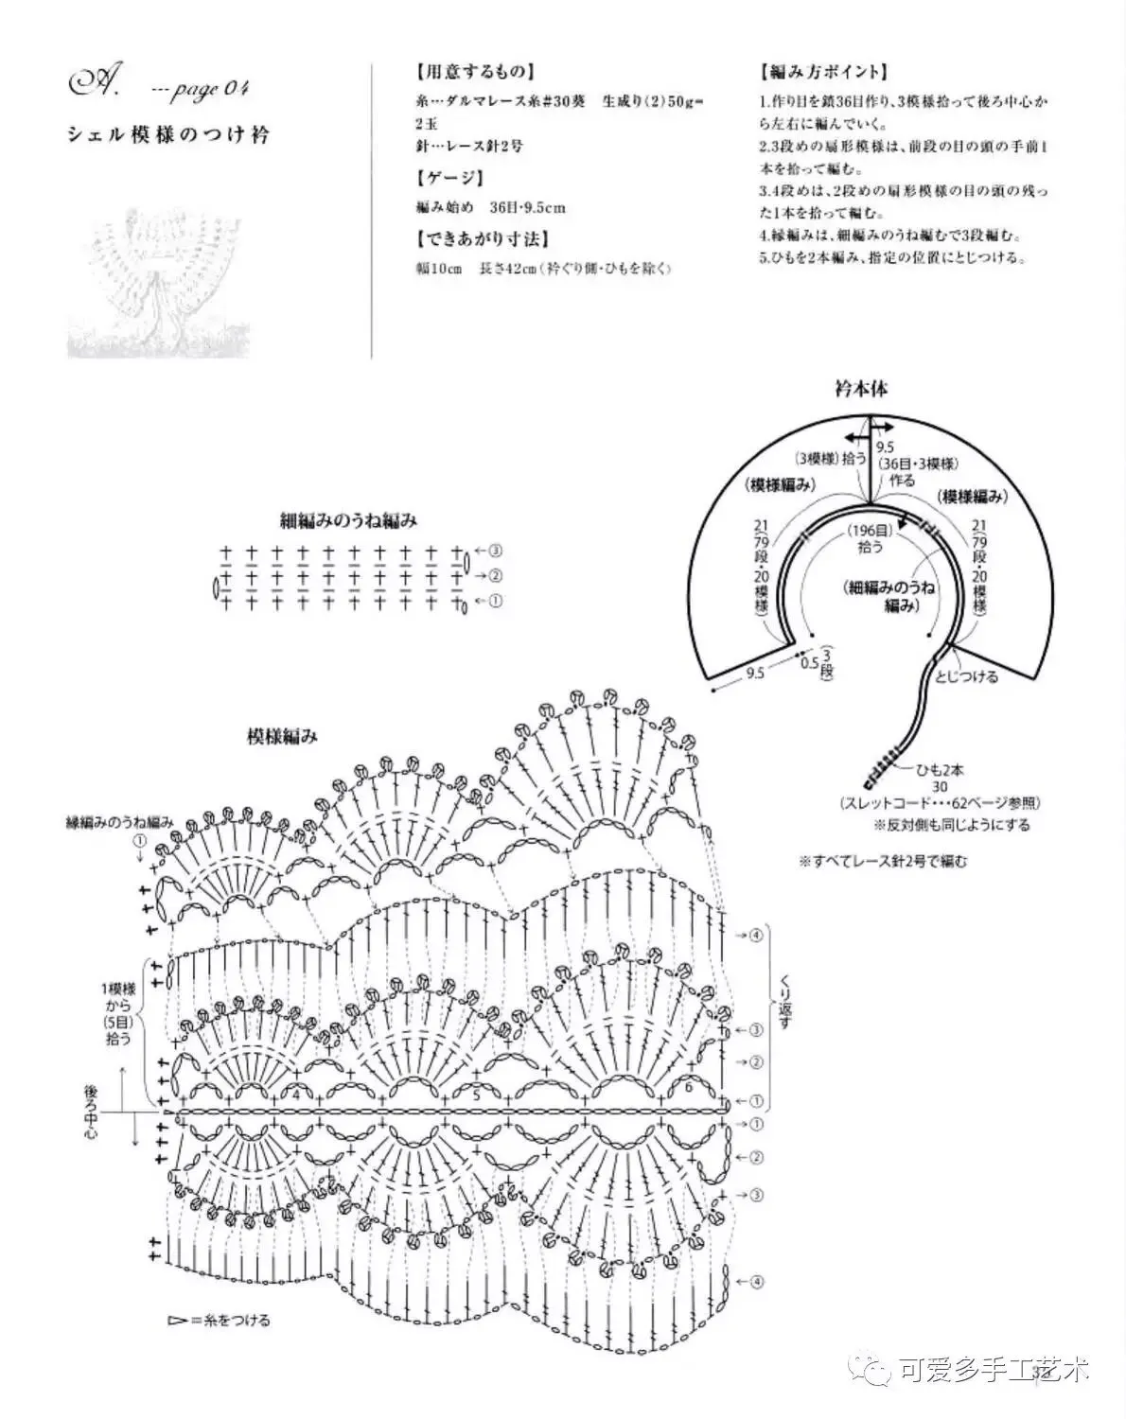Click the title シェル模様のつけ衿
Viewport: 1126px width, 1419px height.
click(167, 134)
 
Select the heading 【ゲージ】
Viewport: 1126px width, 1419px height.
click(449, 177)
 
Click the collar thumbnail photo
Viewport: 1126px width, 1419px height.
click(161, 289)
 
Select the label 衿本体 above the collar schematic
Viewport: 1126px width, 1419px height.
click(860, 389)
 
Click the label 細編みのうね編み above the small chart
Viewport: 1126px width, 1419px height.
click(348, 520)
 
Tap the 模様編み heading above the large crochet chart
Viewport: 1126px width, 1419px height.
click(282, 736)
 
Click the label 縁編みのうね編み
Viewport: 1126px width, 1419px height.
click(118, 820)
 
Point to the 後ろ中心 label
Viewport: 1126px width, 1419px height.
click(90, 1112)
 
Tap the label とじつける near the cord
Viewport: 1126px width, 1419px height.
click(966, 676)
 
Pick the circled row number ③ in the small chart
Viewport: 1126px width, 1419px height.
click(496, 551)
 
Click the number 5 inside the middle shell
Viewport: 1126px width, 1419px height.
click(476, 1095)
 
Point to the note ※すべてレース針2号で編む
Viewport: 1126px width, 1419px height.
click(883, 861)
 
